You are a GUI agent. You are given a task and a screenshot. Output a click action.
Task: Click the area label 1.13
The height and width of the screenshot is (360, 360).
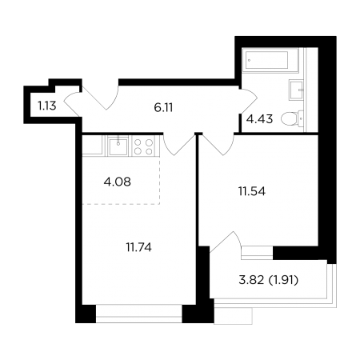[47, 106]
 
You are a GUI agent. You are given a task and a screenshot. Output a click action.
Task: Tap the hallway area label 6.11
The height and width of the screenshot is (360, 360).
[163, 108]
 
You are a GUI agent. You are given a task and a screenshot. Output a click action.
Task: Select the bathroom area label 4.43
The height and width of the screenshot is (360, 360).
[259, 119]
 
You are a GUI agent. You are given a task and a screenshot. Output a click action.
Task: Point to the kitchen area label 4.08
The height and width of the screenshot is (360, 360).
[118, 182]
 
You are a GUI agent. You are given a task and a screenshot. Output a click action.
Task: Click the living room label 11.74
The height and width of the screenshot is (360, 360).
[139, 248]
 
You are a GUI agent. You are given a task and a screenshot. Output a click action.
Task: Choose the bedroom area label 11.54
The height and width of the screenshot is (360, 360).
[252, 191]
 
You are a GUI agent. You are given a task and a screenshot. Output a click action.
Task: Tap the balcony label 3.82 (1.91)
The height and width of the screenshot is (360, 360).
[268, 280]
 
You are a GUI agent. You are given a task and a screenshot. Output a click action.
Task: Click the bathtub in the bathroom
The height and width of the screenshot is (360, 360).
[270, 60]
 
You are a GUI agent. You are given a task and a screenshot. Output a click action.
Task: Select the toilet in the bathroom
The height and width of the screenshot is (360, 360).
[292, 118]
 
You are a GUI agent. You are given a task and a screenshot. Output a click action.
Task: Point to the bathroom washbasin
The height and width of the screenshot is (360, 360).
[296, 90]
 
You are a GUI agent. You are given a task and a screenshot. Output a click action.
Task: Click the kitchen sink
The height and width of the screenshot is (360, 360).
[118, 146]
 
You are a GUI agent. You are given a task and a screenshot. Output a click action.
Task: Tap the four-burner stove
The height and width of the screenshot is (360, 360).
[144, 146]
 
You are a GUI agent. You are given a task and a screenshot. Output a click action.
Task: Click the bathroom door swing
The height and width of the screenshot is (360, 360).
[249, 101]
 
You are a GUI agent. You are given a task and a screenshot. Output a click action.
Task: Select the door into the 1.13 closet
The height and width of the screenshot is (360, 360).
[73, 104]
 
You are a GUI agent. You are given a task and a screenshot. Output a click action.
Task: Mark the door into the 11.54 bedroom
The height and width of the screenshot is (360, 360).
[218, 144]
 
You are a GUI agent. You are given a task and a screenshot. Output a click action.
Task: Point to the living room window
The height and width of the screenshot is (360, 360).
[139, 314]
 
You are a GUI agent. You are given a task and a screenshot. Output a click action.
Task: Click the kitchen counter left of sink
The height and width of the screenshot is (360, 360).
[92, 146]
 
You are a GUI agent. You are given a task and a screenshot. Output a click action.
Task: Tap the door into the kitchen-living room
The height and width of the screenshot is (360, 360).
[179, 144]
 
